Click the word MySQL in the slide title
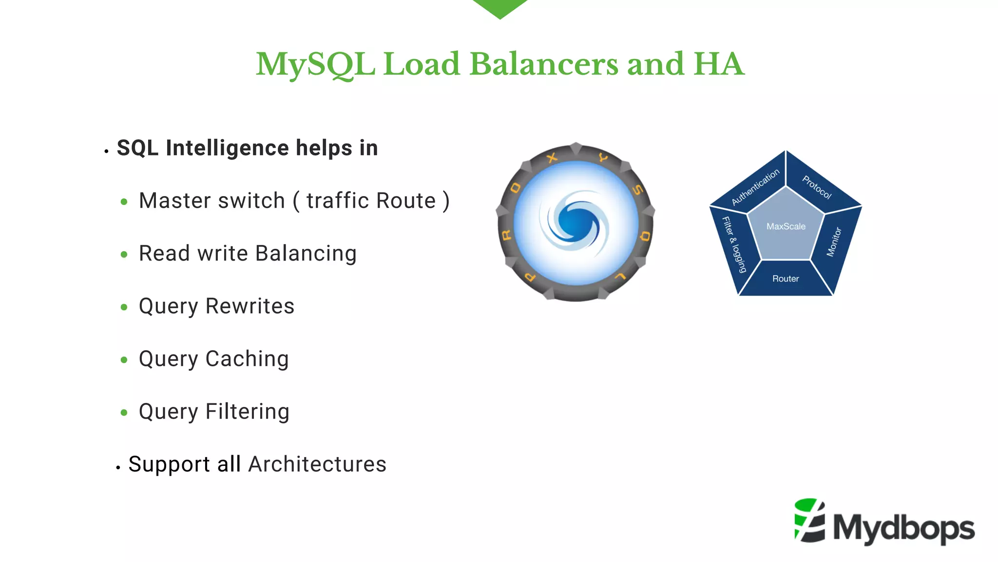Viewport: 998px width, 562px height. point(316,65)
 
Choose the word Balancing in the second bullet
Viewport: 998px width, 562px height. point(306,254)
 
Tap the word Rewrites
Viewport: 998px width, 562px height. point(250,306)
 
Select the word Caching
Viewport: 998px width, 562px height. point(247,359)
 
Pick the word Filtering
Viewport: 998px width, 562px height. point(248,412)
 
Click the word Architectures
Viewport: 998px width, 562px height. point(317,464)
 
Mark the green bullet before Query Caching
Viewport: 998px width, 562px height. point(124,360)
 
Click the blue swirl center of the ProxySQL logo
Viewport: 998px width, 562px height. point(575,222)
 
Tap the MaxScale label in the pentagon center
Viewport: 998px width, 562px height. point(786,226)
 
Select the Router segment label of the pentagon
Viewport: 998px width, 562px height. point(786,279)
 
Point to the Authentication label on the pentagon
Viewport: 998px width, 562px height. point(755,187)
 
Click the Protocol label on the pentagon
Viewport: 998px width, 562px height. point(817,187)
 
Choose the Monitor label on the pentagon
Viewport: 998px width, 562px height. point(834,242)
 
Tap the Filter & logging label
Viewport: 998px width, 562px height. point(734,244)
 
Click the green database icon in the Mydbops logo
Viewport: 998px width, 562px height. point(809,520)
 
